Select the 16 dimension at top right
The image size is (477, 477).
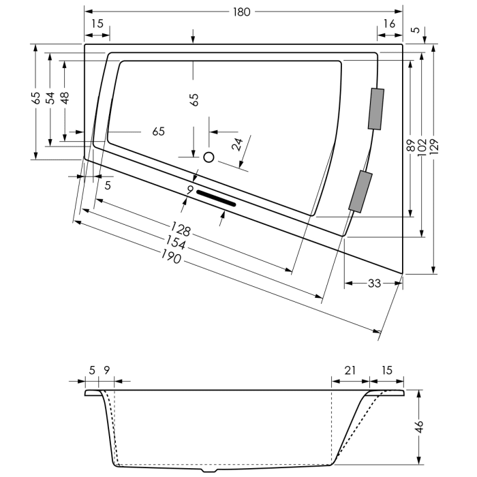click(x=389, y=24)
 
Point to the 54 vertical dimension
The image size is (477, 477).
click(x=50, y=98)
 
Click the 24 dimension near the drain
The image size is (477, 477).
click(x=237, y=144)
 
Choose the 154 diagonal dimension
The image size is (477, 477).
click(x=176, y=244)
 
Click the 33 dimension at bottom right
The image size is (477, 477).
click(x=373, y=283)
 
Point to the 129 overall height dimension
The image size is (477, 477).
click(x=434, y=145)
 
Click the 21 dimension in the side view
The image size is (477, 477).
click(x=350, y=371)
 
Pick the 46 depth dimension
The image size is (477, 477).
click(x=420, y=427)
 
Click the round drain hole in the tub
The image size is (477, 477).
click(x=209, y=157)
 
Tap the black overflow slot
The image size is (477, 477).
click(x=216, y=198)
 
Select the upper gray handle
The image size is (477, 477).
click(x=375, y=109)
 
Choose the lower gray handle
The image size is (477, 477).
click(x=361, y=192)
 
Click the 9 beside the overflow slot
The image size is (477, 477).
click(x=190, y=189)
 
